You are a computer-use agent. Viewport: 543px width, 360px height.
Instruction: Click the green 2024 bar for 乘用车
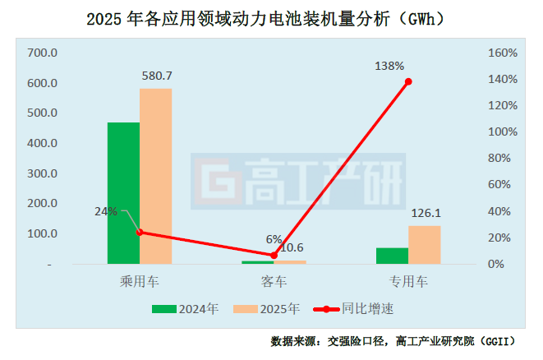point(123,193)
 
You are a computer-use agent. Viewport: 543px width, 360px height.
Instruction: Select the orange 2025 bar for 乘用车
point(155,176)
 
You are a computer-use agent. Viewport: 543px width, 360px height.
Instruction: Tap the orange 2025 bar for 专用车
point(424,245)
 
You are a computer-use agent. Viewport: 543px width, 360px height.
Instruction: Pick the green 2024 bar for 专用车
point(392,256)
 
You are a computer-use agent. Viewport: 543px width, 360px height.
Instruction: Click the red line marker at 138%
point(408,81)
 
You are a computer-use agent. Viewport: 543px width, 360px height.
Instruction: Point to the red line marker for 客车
point(274,256)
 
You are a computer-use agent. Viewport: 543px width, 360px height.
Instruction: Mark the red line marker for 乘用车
point(140,232)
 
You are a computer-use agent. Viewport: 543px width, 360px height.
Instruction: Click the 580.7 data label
point(155,76)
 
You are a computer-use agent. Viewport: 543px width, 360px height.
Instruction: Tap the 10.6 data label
point(292,247)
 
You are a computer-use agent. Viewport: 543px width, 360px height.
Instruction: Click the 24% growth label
point(106,211)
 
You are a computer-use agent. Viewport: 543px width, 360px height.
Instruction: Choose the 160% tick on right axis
point(502,53)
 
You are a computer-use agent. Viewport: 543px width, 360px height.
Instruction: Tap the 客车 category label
point(274,282)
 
